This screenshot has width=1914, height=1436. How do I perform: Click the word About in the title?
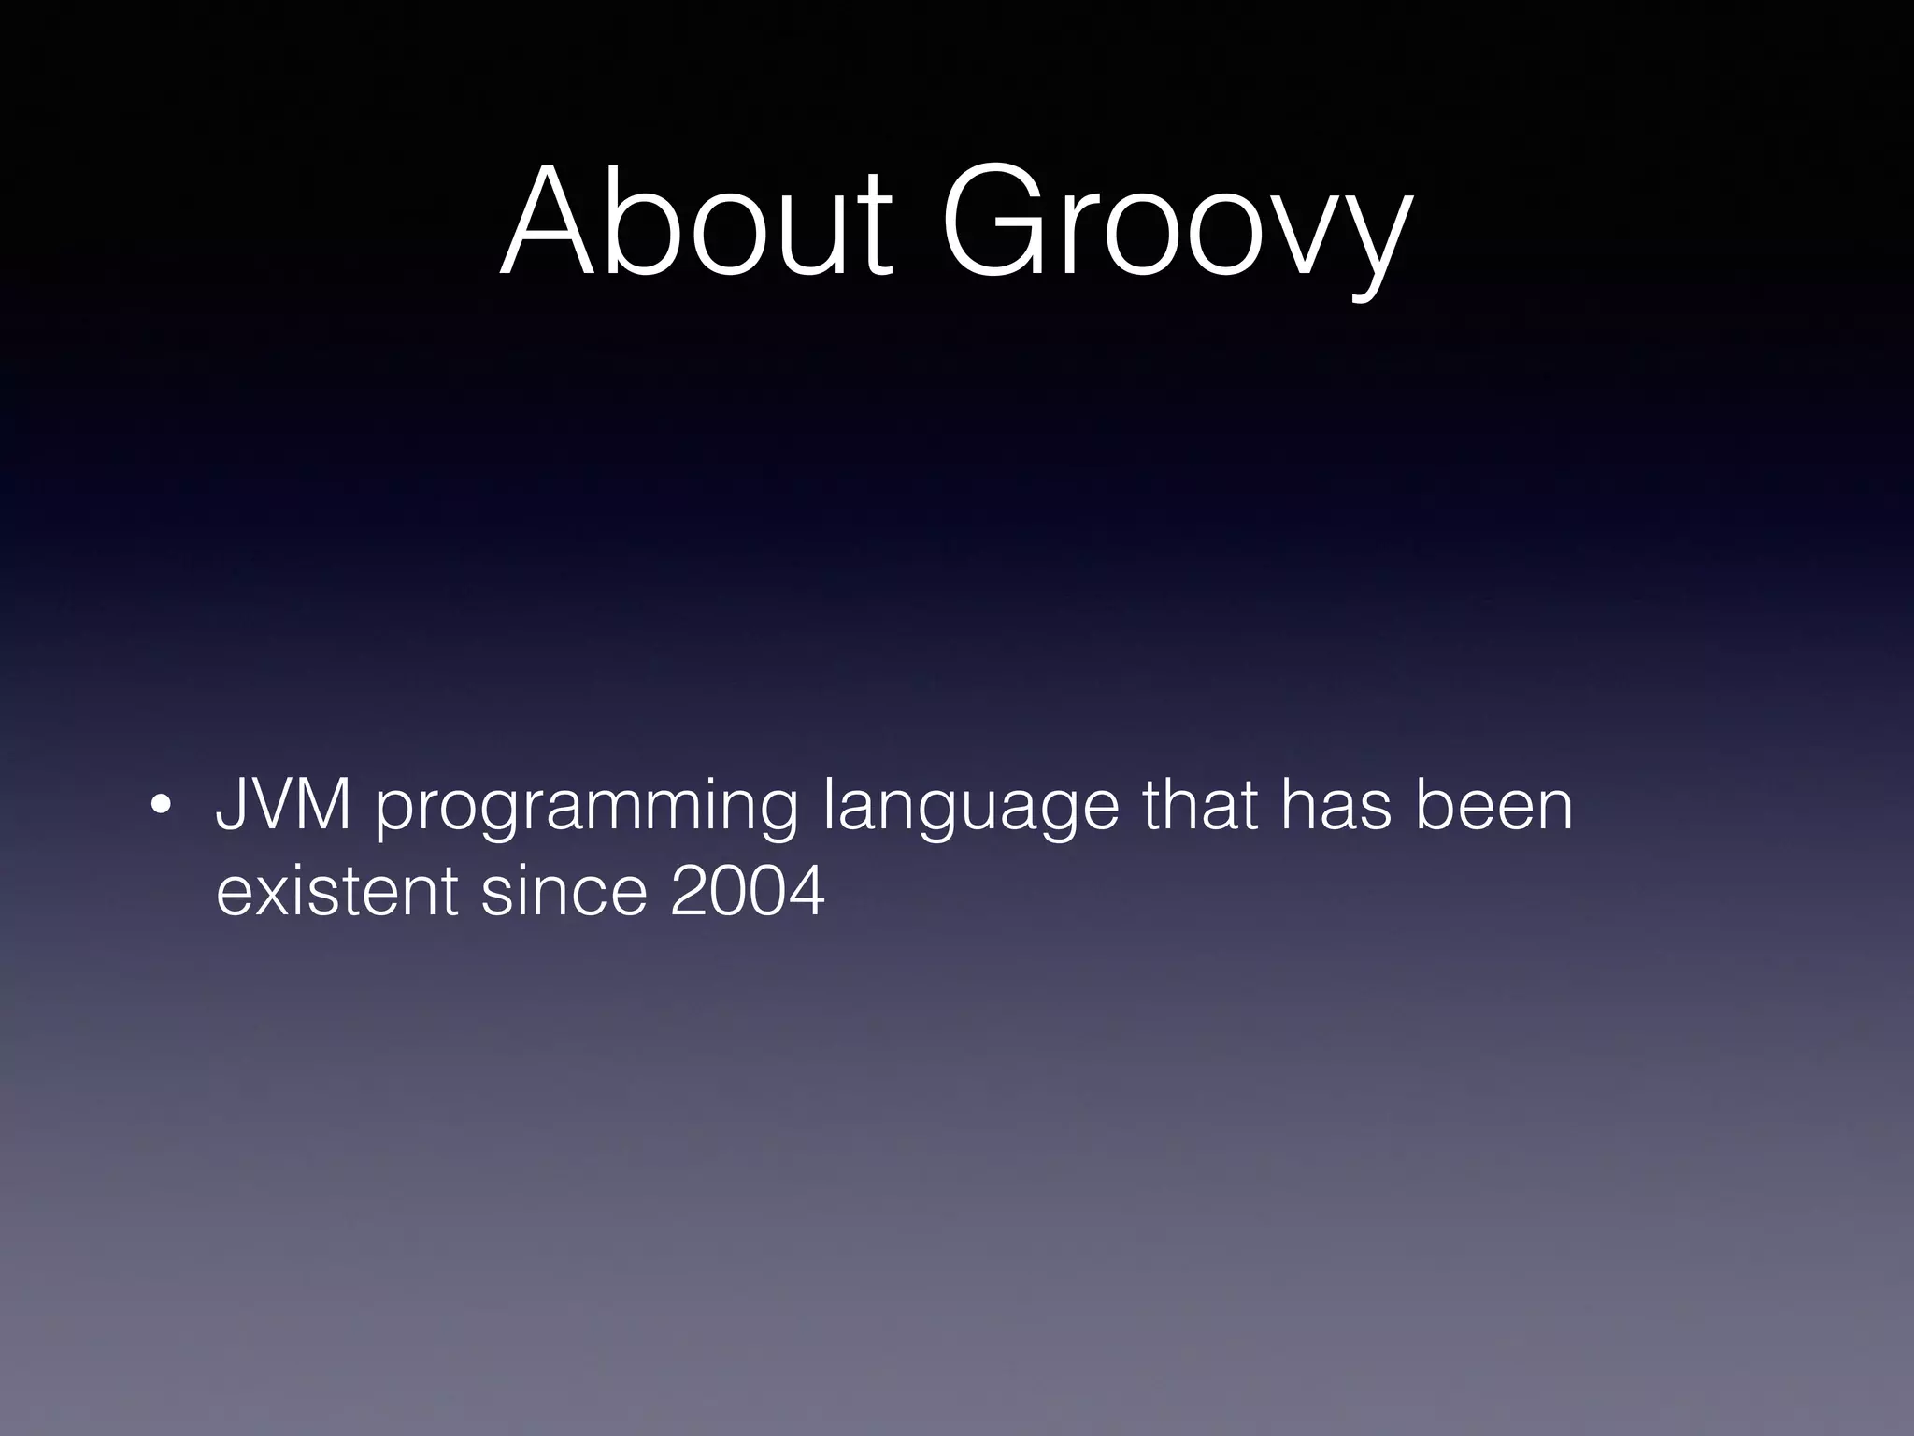point(696,222)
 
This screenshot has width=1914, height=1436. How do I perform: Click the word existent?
point(336,891)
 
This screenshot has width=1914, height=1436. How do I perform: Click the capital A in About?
point(551,222)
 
